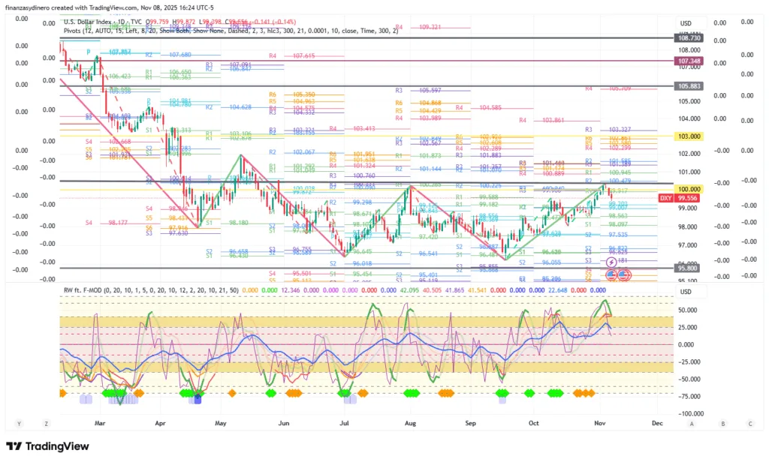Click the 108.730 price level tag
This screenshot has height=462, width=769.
tap(689, 37)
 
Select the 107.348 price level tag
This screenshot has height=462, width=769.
tap(689, 61)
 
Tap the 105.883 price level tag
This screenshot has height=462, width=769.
tap(689, 86)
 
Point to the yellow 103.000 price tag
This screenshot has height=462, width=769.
tap(689, 136)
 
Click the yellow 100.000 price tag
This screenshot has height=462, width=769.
tap(689, 190)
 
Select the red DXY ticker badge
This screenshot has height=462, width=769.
tap(665, 198)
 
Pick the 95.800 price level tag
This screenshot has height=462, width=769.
tap(689, 268)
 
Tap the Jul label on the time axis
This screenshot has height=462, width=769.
tap(344, 423)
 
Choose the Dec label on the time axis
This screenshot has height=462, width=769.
tap(657, 423)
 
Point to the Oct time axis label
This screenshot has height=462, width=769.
tap(534, 423)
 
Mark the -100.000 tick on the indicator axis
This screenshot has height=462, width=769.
tap(691, 413)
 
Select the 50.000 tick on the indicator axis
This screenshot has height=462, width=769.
tap(687, 310)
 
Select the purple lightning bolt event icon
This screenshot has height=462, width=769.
tap(611, 262)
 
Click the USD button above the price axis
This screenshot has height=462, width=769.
tap(685, 23)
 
